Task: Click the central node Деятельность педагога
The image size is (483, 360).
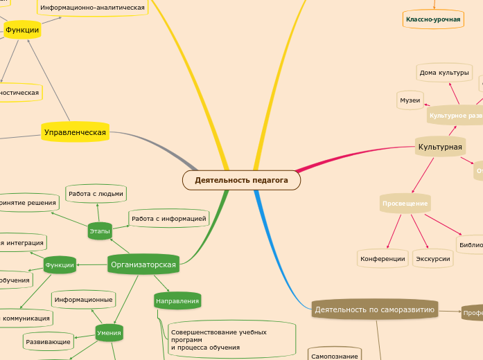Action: pyautogui.click(x=241, y=180)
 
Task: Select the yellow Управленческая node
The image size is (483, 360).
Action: pyautogui.click(x=75, y=132)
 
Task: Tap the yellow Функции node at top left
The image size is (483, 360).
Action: pyautogui.click(x=22, y=30)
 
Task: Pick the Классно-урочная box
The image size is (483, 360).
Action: pyautogui.click(x=433, y=19)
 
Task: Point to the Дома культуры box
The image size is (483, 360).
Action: pyautogui.click(x=444, y=72)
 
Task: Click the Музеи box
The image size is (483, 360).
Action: pyautogui.click(x=410, y=100)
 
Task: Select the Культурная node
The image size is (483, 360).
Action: pyautogui.click(x=440, y=147)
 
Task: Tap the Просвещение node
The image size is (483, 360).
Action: pyautogui.click(x=405, y=203)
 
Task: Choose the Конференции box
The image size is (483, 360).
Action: pyautogui.click(x=383, y=259)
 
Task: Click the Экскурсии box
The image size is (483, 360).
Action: pyautogui.click(x=432, y=259)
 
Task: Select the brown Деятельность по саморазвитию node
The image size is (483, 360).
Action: pyautogui.click(x=375, y=309)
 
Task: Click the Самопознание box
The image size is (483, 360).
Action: pyautogui.click(x=334, y=356)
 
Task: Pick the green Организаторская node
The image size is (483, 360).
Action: pyautogui.click(x=143, y=264)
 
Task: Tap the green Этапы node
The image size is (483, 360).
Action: pyautogui.click(x=100, y=231)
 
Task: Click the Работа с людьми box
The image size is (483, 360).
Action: pyautogui.click(x=96, y=194)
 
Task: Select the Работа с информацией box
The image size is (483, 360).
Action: pyautogui.click(x=169, y=219)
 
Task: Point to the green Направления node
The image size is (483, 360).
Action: pyautogui.click(x=177, y=301)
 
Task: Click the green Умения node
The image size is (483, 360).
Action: pyautogui.click(x=109, y=333)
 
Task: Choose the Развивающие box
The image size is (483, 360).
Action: pyautogui.click(x=49, y=342)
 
